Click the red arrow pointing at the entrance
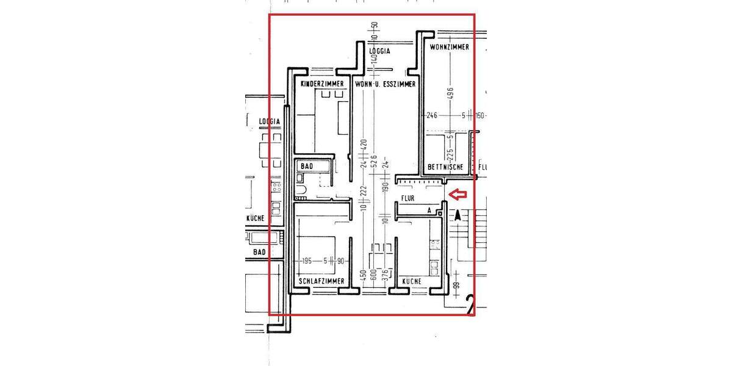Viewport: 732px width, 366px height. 457,195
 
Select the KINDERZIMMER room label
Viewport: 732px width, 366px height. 323,84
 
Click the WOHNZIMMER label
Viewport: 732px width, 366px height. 450,47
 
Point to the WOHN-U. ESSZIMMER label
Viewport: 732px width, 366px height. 386,84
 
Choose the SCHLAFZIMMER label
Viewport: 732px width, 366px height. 322,281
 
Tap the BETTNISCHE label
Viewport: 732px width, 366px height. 445,167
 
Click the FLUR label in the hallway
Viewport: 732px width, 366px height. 408,199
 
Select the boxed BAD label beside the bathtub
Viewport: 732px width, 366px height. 307,166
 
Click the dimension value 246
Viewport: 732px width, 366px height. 432,115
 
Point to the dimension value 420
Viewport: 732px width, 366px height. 365,145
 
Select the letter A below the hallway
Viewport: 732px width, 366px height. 429,210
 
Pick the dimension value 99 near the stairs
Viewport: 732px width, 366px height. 456,285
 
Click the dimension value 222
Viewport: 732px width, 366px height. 365,190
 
